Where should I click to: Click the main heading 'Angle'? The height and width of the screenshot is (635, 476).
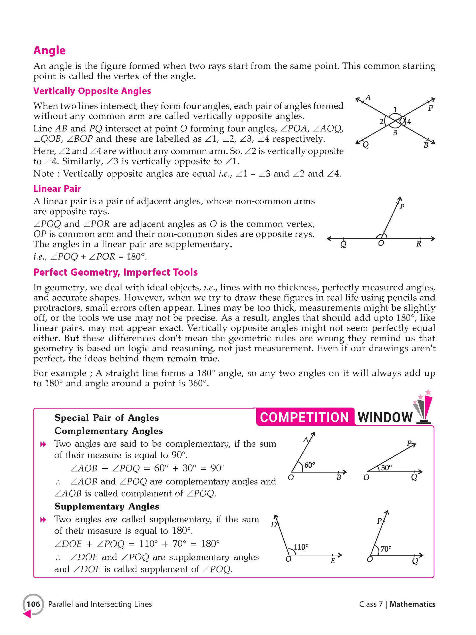point(49,51)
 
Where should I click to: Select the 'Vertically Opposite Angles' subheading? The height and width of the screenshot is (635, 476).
point(92,91)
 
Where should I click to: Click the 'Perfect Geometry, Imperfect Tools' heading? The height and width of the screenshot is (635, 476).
point(115,272)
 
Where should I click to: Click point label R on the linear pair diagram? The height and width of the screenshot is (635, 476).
point(419,244)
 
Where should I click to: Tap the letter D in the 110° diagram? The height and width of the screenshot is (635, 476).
point(274,525)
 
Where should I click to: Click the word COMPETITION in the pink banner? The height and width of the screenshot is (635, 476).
point(304,418)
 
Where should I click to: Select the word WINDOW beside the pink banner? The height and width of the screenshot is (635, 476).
point(385,418)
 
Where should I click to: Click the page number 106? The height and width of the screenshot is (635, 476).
point(33,604)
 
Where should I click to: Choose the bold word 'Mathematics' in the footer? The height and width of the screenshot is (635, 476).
point(412,604)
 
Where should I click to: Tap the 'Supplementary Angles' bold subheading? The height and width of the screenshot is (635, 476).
point(107,507)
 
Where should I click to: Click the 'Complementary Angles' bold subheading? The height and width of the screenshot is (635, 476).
point(109,431)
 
